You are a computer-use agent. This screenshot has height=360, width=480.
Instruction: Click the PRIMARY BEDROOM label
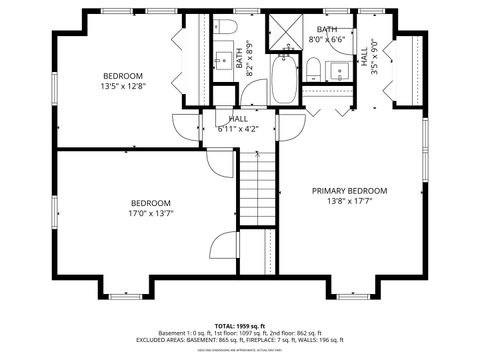pyautogui.click(x=349, y=190)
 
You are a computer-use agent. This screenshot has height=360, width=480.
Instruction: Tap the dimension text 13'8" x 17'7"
pyautogui.click(x=349, y=201)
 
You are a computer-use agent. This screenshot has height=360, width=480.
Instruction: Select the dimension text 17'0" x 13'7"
pyautogui.click(x=151, y=212)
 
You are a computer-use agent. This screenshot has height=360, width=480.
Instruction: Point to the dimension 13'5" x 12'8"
pyautogui.click(x=123, y=87)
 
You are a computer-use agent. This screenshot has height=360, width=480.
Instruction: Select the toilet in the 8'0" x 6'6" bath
pyautogui.click(x=313, y=68)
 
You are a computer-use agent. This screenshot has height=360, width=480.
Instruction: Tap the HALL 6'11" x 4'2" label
pyautogui.click(x=238, y=123)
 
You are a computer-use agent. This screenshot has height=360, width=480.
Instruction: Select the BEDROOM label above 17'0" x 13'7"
pyautogui.click(x=151, y=201)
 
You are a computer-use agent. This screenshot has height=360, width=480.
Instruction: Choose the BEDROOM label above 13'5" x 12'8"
pyautogui.click(x=123, y=76)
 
